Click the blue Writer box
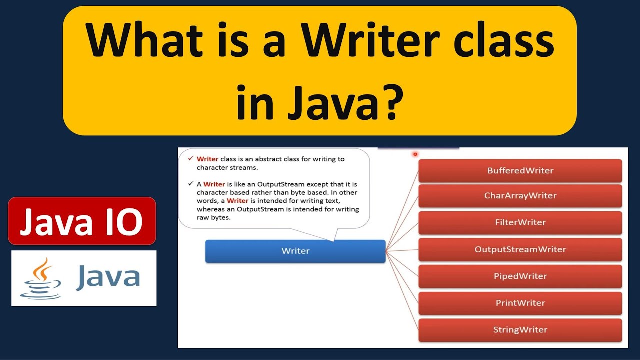tap(295, 251)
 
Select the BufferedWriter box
tap(520, 171)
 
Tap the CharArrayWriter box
tap(520, 196)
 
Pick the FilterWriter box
tap(520, 222)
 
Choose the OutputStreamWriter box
tap(520, 249)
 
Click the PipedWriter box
tap(520, 276)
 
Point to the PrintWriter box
tap(520, 303)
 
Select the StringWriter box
tap(520, 330)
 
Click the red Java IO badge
tap(82, 221)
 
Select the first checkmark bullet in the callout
tap(190, 158)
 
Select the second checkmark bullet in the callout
tap(190, 183)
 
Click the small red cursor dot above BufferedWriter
tap(415, 154)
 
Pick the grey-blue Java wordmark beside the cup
tap(108, 278)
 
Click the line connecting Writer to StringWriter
tap(403, 290)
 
